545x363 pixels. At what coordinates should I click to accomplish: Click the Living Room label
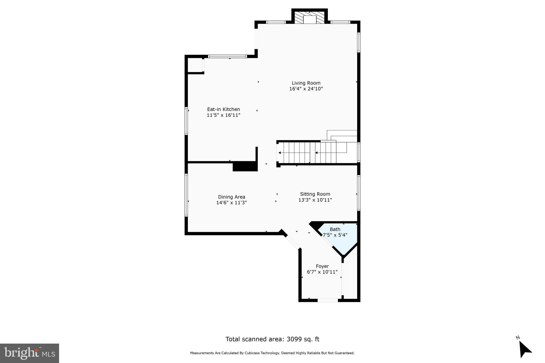[x=306, y=83]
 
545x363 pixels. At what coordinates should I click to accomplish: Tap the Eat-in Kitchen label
[x=224, y=109]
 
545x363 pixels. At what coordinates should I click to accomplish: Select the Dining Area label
[x=232, y=197]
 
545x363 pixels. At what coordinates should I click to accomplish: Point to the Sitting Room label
[x=315, y=194]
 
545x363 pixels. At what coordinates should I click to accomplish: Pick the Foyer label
[x=322, y=266]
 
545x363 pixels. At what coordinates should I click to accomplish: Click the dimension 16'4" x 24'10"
[x=306, y=89]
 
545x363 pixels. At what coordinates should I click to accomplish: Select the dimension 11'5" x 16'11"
[x=224, y=115]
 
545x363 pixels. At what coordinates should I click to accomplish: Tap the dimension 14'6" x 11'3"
[x=232, y=203]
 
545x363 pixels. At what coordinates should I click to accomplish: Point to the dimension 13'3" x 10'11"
[x=315, y=200]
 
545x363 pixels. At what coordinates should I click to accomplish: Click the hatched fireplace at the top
[x=310, y=18]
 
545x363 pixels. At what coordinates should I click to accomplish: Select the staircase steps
[x=306, y=153]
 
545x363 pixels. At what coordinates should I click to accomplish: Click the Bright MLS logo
[x=30, y=353]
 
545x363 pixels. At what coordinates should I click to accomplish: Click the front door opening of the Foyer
[x=328, y=300]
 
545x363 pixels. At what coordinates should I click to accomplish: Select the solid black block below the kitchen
[x=245, y=167]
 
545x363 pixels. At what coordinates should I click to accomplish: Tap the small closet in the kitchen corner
[x=195, y=65]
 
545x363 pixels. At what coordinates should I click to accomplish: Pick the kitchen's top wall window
[x=227, y=56]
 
